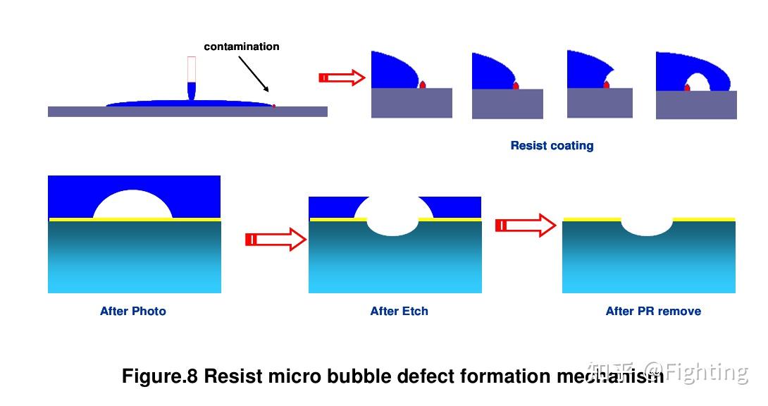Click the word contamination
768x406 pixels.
(242, 47)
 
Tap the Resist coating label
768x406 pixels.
(552, 145)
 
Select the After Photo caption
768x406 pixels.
(132, 311)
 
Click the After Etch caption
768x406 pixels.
(400, 311)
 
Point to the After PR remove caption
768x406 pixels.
(653, 311)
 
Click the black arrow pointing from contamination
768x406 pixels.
(254, 74)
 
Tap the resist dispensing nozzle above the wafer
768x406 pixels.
(192, 78)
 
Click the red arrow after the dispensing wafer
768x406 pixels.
(342, 78)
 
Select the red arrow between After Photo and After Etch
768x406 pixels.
(275, 240)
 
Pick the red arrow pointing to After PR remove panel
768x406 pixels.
(526, 226)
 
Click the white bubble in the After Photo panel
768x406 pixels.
(132, 204)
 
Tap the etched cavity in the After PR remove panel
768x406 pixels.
(647, 227)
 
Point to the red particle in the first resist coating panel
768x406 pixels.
(422, 85)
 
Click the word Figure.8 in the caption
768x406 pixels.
(160, 376)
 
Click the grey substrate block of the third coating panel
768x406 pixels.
(600, 103)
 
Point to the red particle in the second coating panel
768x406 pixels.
(516, 86)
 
